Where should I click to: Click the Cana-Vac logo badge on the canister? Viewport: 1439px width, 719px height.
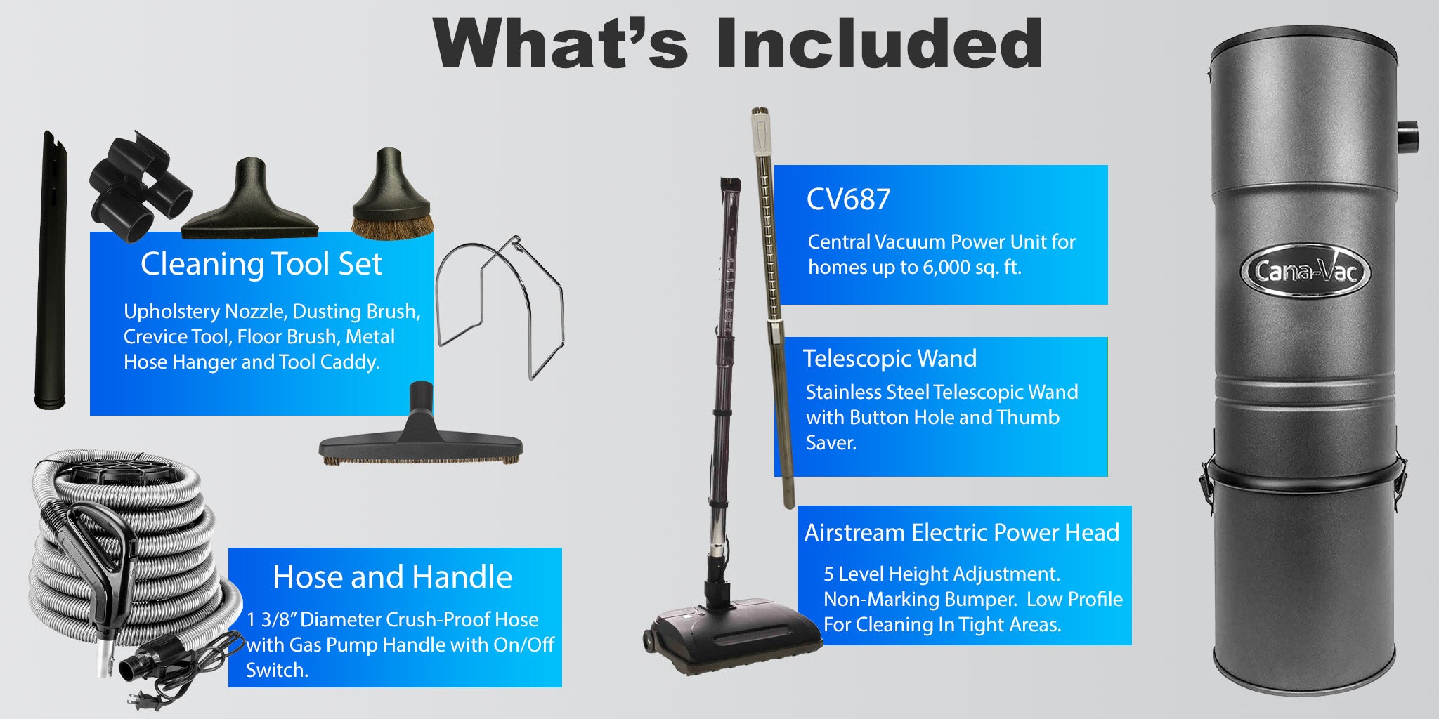1305,270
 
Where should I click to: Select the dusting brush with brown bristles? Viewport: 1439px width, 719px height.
391,196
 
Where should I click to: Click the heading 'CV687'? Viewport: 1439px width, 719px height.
848,199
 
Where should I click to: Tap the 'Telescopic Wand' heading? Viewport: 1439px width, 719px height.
890,359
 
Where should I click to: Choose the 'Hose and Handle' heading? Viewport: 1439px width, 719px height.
392,577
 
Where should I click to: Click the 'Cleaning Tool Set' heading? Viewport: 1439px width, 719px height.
261,264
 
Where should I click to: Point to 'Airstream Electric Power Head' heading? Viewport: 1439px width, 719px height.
962,533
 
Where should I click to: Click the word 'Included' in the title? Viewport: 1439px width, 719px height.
880,44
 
